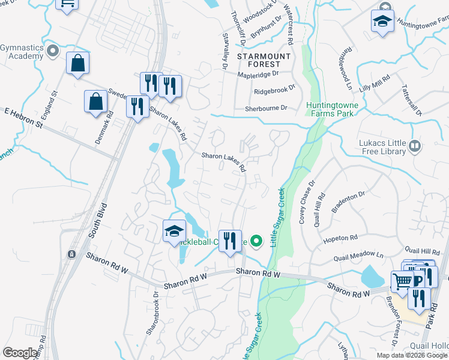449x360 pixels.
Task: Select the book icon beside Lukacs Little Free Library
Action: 414,146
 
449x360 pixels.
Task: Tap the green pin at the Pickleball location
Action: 256,242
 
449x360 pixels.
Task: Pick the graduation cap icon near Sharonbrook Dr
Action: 173,231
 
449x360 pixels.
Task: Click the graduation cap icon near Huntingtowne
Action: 382,22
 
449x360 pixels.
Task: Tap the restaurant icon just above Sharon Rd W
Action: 230,241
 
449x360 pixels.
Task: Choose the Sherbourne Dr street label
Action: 266,109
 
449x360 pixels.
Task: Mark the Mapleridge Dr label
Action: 259,74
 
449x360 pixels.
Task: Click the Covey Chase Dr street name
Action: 306,202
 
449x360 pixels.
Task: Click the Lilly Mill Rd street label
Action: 375,83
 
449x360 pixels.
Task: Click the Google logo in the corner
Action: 20,353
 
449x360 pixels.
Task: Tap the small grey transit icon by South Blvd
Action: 71,254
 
